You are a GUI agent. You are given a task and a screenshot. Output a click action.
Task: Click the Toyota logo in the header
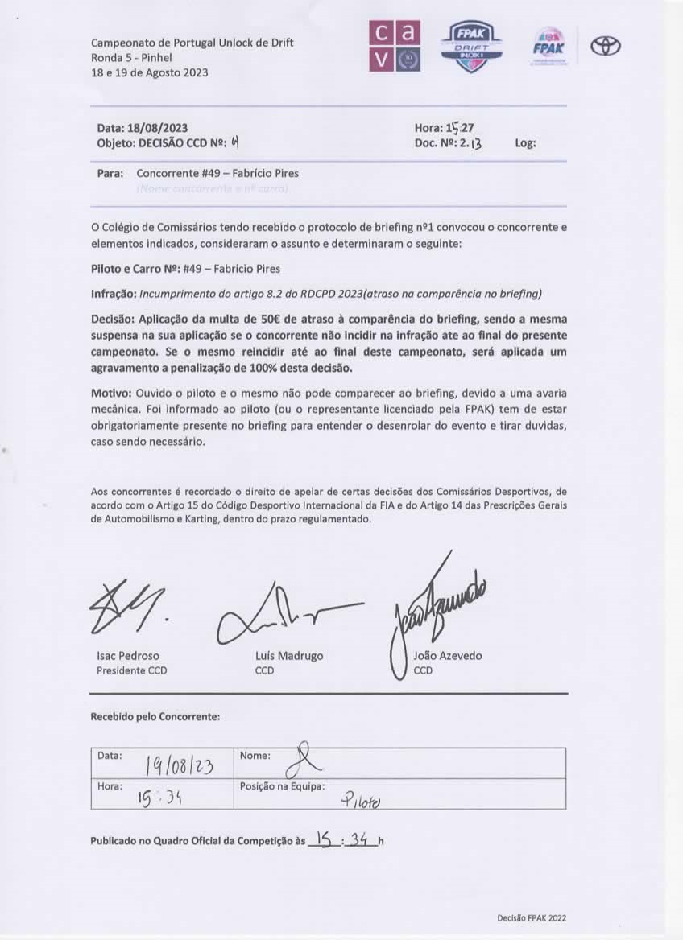point(606,46)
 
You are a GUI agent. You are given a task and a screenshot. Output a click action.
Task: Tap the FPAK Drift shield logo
point(475,47)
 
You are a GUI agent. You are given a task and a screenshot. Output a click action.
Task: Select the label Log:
point(525,144)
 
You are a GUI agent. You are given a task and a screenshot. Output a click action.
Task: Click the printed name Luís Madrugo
point(289,656)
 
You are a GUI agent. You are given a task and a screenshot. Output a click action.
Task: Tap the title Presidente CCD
point(132,670)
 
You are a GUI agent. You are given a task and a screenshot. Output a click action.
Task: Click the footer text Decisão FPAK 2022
point(532,917)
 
